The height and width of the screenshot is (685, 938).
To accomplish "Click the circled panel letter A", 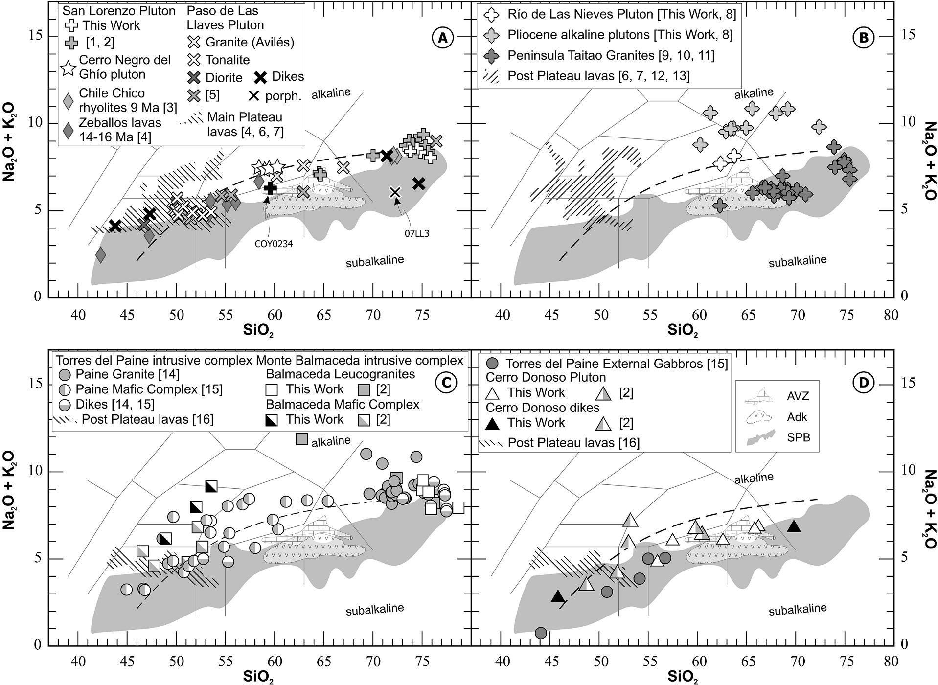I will click(x=443, y=38).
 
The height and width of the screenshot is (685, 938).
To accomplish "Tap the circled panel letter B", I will click(x=863, y=38).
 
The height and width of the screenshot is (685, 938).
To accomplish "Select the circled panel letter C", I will click(x=445, y=383).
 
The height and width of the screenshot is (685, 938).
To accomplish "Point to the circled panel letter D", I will click(x=863, y=383).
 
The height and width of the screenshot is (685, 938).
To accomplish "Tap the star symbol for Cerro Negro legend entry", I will click(x=69, y=68).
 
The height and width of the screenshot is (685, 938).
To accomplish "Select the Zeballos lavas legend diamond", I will click(x=69, y=130).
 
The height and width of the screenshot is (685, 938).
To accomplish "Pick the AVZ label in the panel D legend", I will click(x=798, y=396).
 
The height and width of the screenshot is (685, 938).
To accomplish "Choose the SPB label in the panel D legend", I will click(x=798, y=437).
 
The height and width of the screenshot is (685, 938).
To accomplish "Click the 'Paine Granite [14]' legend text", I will click(x=127, y=374).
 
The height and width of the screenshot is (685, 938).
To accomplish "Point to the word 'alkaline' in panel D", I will click(x=754, y=478).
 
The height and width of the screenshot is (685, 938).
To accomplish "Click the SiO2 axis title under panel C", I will click(x=258, y=677).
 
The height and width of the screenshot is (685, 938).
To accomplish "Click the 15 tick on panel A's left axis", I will click(x=38, y=36).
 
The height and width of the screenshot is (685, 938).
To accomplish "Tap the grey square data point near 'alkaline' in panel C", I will click(x=302, y=439).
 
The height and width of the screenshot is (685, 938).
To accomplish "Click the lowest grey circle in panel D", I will click(x=540, y=633).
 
